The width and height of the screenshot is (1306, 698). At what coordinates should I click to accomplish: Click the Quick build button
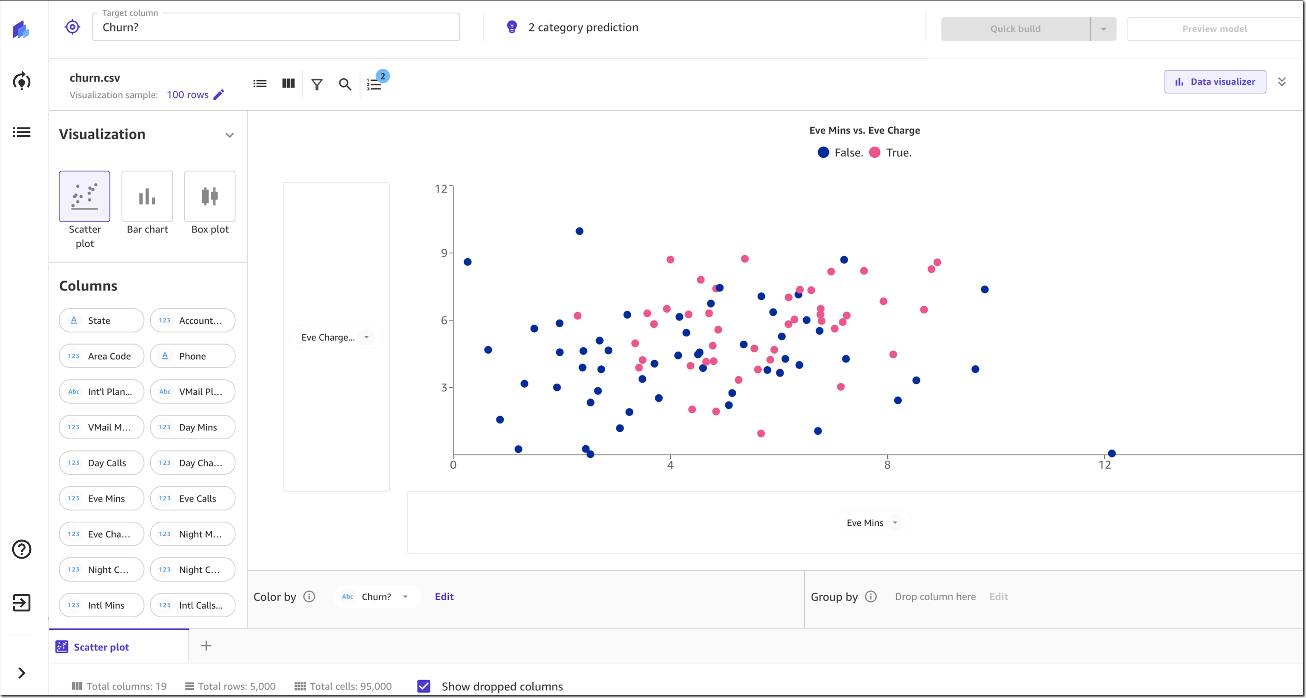(x=1015, y=29)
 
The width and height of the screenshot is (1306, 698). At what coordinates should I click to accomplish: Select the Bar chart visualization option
(x=147, y=197)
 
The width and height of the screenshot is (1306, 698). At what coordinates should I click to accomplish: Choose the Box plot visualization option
(x=209, y=197)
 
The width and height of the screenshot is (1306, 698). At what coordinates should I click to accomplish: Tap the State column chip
(x=101, y=320)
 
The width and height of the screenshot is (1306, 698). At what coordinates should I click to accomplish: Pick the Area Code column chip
(x=101, y=356)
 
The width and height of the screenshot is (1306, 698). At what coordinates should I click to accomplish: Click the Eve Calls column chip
(x=193, y=498)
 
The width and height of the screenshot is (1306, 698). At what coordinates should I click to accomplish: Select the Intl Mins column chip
(x=101, y=605)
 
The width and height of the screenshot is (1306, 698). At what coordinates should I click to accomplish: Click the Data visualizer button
(x=1215, y=81)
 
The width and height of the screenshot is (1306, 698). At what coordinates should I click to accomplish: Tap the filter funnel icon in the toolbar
(x=317, y=84)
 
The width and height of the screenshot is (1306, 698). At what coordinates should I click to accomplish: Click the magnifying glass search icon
(x=345, y=84)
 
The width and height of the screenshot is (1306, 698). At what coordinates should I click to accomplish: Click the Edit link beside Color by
(x=444, y=597)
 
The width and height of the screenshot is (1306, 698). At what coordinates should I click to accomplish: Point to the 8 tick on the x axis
(x=887, y=465)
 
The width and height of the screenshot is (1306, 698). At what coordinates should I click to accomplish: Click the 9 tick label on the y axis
(x=444, y=253)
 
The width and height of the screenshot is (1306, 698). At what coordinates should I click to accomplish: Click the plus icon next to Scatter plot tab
(x=206, y=646)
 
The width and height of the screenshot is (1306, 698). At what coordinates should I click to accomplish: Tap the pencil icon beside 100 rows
(x=219, y=95)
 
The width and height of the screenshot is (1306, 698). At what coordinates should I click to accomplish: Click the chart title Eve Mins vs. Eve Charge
(x=865, y=130)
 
